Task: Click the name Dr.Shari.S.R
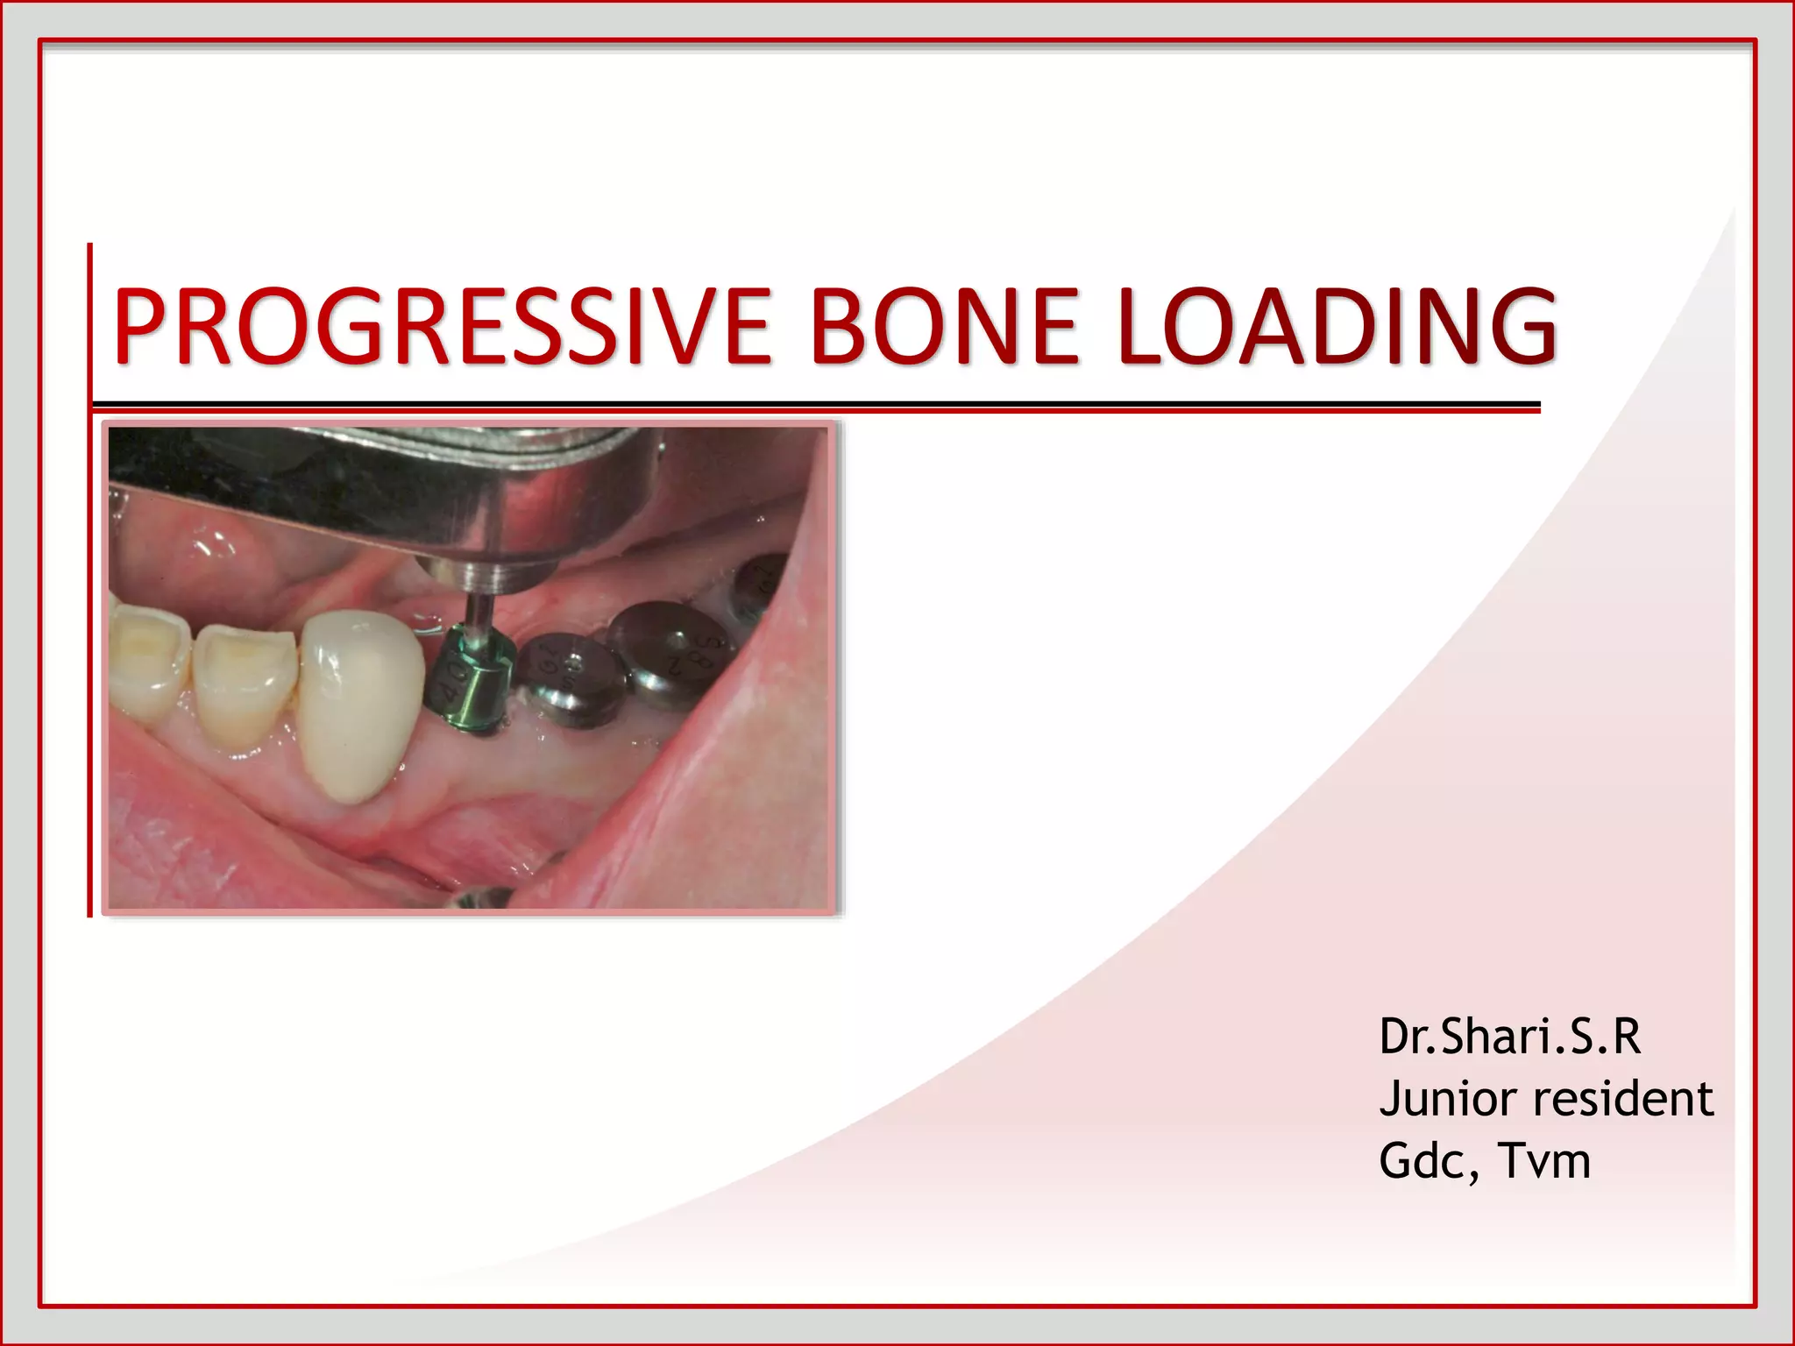click(x=1509, y=1037)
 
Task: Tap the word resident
click(x=1621, y=1099)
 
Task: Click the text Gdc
click(x=1425, y=1161)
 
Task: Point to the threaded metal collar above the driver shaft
click(x=478, y=575)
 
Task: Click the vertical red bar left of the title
click(x=89, y=578)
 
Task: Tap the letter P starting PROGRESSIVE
click(x=145, y=326)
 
